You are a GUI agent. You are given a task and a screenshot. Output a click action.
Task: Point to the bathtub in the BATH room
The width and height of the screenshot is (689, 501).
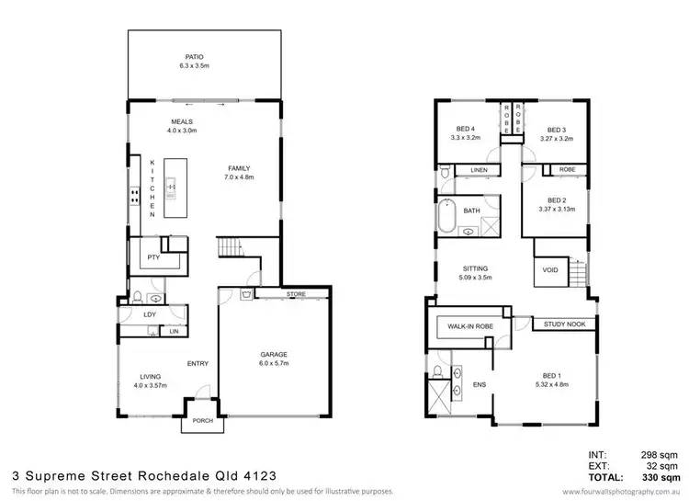click(449, 216)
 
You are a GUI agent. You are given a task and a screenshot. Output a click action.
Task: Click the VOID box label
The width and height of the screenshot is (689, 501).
click(551, 271)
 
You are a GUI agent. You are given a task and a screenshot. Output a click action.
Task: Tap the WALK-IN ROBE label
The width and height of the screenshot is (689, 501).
click(468, 326)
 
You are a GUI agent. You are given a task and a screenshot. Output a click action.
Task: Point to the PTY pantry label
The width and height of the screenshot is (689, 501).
click(153, 258)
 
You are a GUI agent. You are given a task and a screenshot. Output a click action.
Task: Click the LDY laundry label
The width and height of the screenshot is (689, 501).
click(151, 315)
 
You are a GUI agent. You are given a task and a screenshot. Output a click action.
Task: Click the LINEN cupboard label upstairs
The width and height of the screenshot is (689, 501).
click(479, 171)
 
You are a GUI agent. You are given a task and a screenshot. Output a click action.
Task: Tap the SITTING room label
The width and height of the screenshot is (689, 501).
click(474, 268)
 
